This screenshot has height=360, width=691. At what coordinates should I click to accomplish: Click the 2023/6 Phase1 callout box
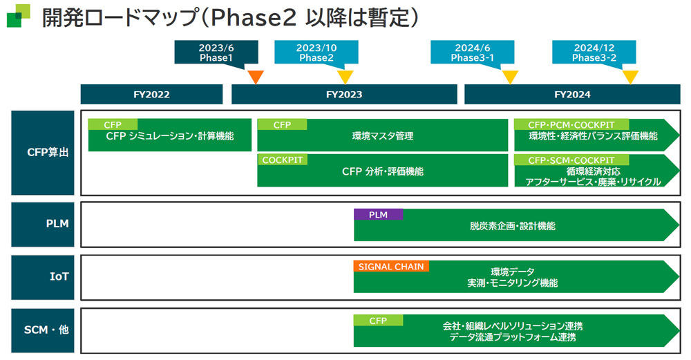pyautogui.click(x=216, y=53)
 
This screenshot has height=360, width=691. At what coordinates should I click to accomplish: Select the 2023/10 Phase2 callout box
pyautogui.click(x=316, y=53)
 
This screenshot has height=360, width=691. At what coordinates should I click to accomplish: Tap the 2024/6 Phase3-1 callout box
pyautogui.click(x=472, y=53)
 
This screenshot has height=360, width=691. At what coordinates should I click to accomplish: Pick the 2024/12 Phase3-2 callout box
pyautogui.click(x=594, y=53)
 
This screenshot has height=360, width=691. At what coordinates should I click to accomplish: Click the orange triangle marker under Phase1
pyautogui.click(x=256, y=77)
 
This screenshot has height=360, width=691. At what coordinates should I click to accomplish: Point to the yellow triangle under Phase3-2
pyautogui.click(x=630, y=77)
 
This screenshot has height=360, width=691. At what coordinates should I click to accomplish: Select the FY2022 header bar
pyautogui.click(x=151, y=94)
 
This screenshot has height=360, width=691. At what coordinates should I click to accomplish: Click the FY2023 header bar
pyautogui.click(x=344, y=94)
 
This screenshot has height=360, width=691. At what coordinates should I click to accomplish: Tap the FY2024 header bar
pyautogui.click(x=572, y=94)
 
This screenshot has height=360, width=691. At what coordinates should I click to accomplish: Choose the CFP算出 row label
pyautogui.click(x=43, y=153)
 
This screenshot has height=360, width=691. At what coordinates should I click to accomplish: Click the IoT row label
pyautogui.click(x=43, y=276)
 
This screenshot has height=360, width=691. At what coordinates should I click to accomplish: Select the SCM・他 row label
pyautogui.click(x=43, y=330)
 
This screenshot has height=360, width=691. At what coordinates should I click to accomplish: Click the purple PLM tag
pyautogui.click(x=378, y=215)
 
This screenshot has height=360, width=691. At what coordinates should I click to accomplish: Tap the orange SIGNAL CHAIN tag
pyautogui.click(x=391, y=266)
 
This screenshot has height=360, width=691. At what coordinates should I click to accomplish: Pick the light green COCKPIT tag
pyautogui.click(x=282, y=160)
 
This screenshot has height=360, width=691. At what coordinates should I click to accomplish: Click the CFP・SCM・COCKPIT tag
pyautogui.click(x=571, y=160)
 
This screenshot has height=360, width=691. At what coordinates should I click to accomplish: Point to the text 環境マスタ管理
pyautogui.click(x=383, y=136)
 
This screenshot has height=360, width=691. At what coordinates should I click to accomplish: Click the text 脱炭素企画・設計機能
pyautogui.click(x=513, y=226)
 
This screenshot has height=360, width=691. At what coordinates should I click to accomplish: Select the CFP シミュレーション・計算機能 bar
pyautogui.click(x=170, y=135)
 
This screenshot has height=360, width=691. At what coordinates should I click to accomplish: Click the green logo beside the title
pyautogui.click(x=19, y=16)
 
